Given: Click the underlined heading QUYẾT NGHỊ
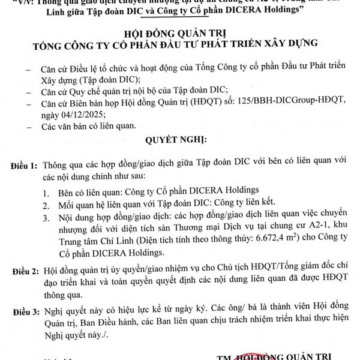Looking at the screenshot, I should click(176, 142).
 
